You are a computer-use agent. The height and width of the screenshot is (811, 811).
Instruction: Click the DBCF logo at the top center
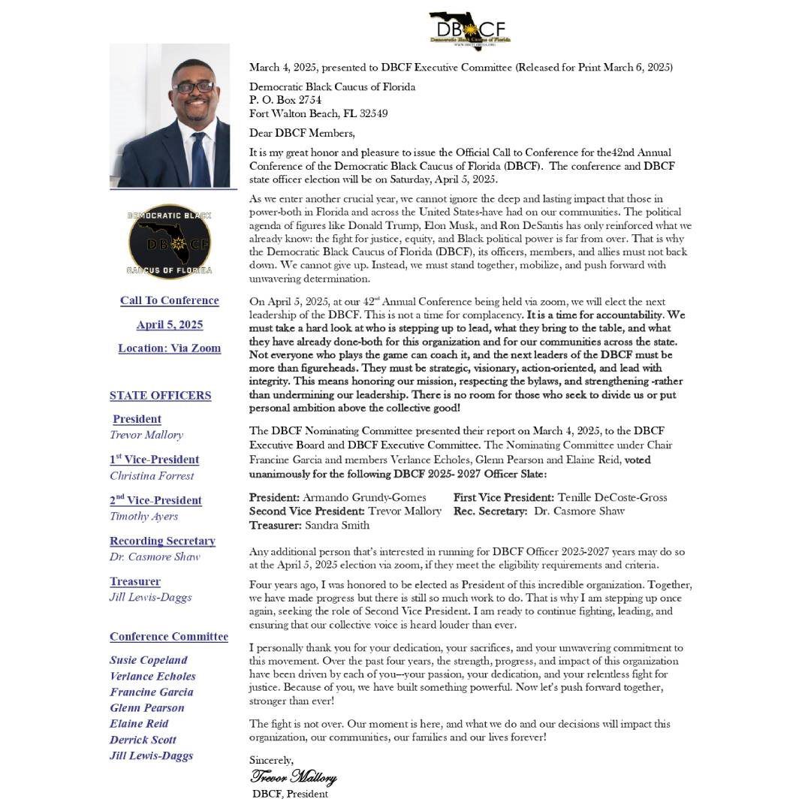pyautogui.click(x=469, y=31)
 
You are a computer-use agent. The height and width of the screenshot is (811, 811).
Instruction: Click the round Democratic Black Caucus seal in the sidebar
pyautogui.click(x=170, y=241)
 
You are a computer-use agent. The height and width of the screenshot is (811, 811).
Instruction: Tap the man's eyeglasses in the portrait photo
pyautogui.click(x=193, y=87)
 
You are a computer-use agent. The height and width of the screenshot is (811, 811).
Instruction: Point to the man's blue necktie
pyautogui.click(x=200, y=158)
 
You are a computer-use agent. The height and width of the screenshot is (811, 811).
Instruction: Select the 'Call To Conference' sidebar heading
pyautogui.click(x=170, y=300)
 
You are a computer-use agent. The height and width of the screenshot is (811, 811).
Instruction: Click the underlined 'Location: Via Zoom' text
pyautogui.click(x=170, y=348)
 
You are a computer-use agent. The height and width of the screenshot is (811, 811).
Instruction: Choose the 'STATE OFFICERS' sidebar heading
pyautogui.click(x=161, y=396)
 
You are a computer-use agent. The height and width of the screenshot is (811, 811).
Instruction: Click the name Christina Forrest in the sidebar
pyautogui.click(x=152, y=475)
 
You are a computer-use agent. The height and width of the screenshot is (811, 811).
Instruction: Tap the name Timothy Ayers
pyautogui.click(x=144, y=516)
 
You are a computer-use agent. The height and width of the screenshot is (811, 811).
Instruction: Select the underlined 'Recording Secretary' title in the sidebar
pyautogui.click(x=162, y=541)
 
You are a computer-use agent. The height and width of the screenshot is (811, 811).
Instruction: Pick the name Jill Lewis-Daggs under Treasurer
pyautogui.click(x=151, y=597)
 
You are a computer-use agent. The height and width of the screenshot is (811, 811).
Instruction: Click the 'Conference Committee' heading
pyautogui.click(x=169, y=637)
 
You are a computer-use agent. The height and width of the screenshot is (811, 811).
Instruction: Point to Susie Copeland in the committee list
pyautogui.click(x=149, y=660)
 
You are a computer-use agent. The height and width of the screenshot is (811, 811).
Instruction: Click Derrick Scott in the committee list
pyautogui.click(x=143, y=740)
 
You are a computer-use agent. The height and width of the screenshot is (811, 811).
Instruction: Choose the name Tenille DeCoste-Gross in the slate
pyautogui.click(x=612, y=497)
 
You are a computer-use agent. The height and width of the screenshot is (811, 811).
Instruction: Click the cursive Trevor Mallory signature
pyautogui.click(x=293, y=776)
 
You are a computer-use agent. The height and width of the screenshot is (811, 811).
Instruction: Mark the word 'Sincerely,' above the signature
pyautogui.click(x=271, y=761)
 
